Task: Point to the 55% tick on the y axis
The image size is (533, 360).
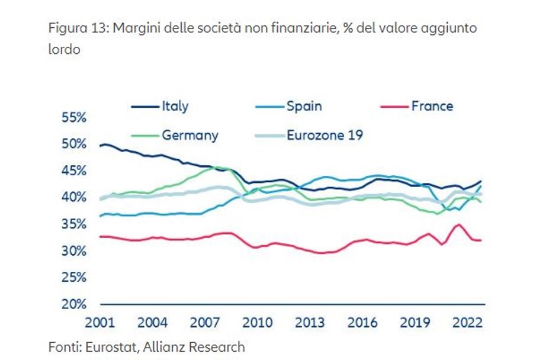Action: tap(74, 117)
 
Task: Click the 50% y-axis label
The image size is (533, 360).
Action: tap(74, 144)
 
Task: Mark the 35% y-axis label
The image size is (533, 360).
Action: tap(74, 224)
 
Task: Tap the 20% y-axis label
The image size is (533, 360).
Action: tap(74, 304)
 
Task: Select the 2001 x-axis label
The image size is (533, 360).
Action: tap(99, 323)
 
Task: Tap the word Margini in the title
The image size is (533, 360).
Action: tap(129, 28)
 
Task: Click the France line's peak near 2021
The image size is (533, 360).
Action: tap(458, 224)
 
